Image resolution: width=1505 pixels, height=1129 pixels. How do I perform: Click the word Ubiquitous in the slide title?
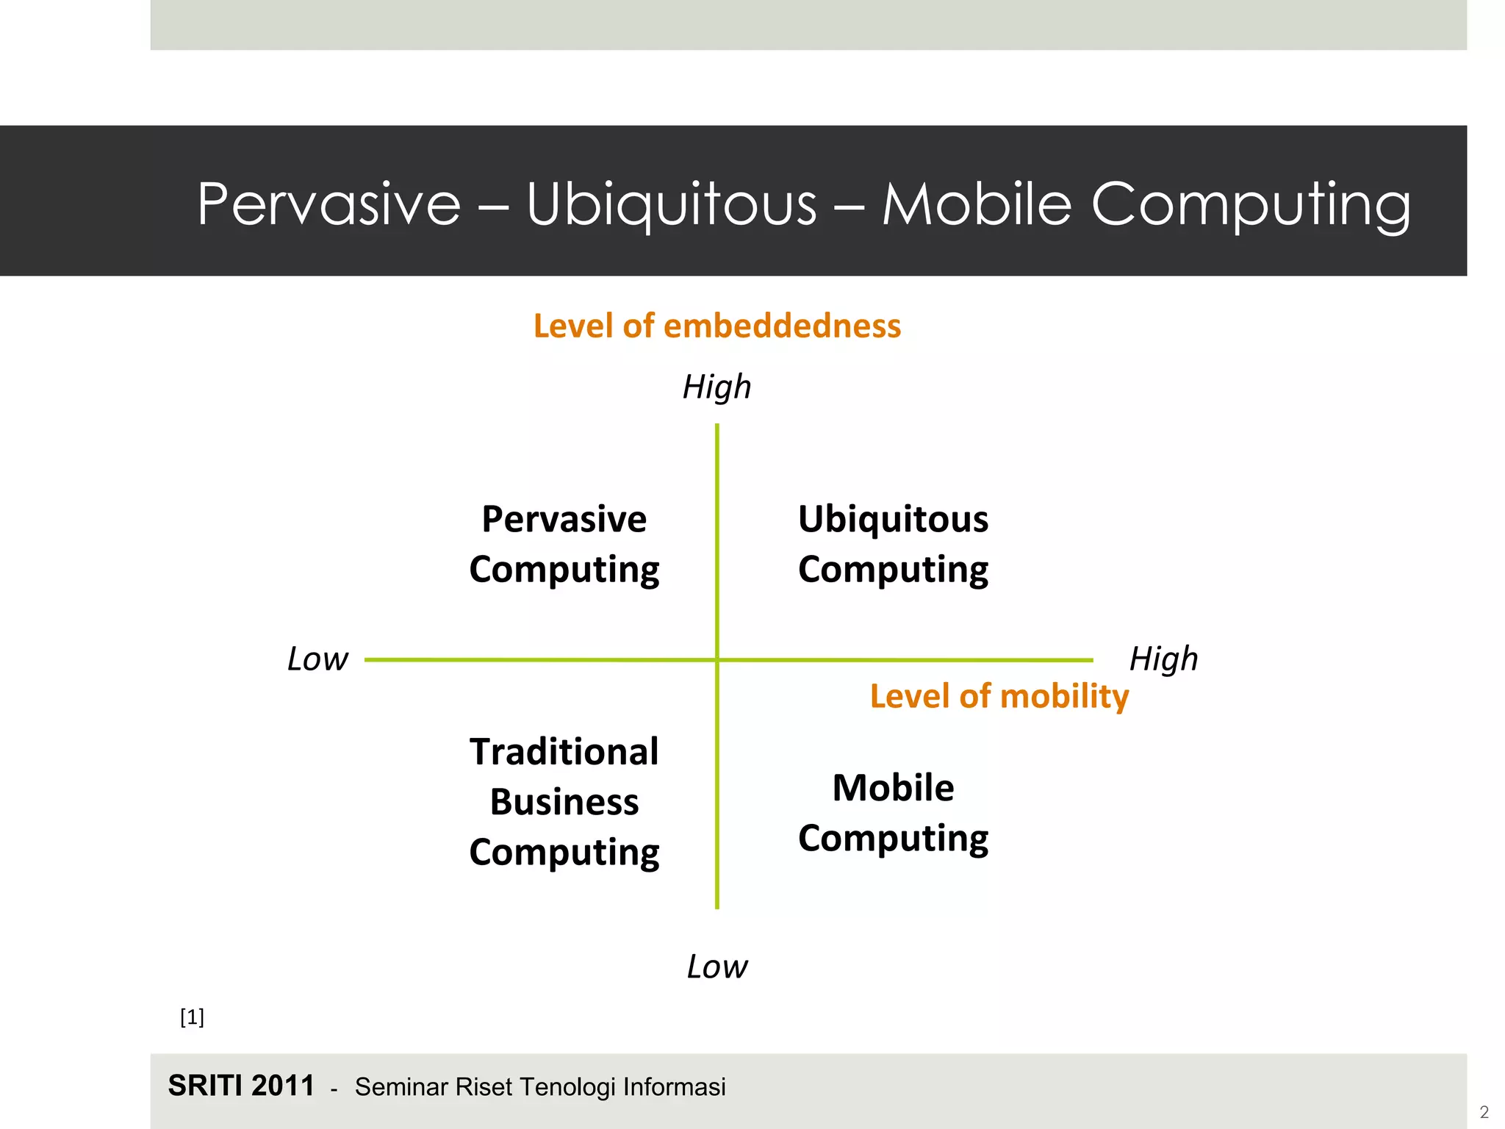tap(671, 204)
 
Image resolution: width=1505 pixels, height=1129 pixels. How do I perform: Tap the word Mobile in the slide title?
tap(976, 204)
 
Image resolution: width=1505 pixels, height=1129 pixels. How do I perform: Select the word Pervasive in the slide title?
tap(328, 204)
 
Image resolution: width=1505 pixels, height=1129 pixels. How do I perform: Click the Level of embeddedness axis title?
tap(716, 326)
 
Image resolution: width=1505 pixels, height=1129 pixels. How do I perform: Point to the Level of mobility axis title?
tap(999, 696)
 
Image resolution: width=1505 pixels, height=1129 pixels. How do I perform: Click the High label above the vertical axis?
tap(716, 387)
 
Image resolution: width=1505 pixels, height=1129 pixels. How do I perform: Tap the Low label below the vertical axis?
tap(716, 967)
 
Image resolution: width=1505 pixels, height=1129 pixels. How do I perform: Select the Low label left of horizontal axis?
tap(317, 659)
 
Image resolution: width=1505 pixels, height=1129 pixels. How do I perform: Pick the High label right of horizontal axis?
tap(1163, 659)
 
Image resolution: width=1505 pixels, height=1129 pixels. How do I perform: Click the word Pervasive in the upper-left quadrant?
tap(564, 519)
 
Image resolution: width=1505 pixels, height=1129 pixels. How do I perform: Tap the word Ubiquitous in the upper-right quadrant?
tap(893, 519)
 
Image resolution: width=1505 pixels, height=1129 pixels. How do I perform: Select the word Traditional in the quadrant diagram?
tap(564, 752)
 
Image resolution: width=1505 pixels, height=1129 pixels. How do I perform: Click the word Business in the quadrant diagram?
tap(564, 802)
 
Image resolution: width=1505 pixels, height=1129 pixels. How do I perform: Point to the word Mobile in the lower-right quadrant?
tap(893, 788)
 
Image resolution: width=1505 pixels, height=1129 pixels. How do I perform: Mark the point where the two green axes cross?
tap(717, 660)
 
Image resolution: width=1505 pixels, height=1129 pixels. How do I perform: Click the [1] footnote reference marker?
tap(192, 1017)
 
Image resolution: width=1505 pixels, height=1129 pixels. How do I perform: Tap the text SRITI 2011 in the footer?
tap(241, 1086)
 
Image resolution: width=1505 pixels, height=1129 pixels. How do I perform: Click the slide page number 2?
tap(1484, 1112)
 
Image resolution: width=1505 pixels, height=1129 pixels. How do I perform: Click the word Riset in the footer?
tap(481, 1086)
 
